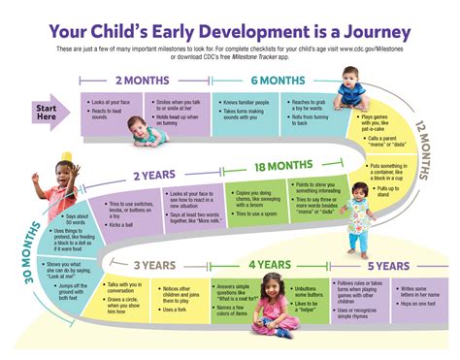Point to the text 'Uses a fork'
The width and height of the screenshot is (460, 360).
point(176,309)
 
